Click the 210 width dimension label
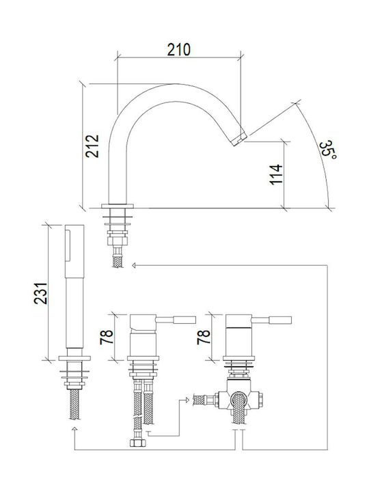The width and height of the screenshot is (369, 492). pyautogui.click(x=178, y=50)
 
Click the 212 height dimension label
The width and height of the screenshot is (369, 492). pyautogui.click(x=92, y=146)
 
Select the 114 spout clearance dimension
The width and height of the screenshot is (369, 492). pyautogui.click(x=277, y=174)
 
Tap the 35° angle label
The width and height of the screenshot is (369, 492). pyautogui.click(x=327, y=150)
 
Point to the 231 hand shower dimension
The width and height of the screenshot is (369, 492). pyautogui.click(x=41, y=293)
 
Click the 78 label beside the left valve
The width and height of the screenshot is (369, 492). pyautogui.click(x=107, y=337)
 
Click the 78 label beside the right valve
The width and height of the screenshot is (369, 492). pyautogui.click(x=204, y=337)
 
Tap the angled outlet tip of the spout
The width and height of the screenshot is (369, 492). pyautogui.click(x=239, y=139)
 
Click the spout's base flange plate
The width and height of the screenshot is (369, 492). pyautogui.click(x=118, y=206)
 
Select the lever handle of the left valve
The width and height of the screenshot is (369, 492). pyautogui.click(x=176, y=320)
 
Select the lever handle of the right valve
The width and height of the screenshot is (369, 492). pyautogui.click(x=272, y=320)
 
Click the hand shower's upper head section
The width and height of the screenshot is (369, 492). pyautogui.click(x=74, y=251)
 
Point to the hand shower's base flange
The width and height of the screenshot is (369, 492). pyautogui.click(x=74, y=358)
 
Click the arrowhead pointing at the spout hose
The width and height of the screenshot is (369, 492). pyautogui.click(x=134, y=265)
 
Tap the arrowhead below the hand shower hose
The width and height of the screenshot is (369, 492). pyautogui.click(x=74, y=428)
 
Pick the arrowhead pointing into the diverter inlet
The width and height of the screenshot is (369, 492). pyautogui.click(x=187, y=400)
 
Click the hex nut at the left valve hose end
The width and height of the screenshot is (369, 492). pyautogui.click(x=137, y=442)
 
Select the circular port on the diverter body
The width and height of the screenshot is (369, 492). pyautogui.click(x=239, y=400)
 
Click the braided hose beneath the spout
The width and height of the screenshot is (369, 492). pyautogui.click(x=118, y=260)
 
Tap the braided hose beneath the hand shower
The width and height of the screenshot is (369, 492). pyautogui.click(x=74, y=405)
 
